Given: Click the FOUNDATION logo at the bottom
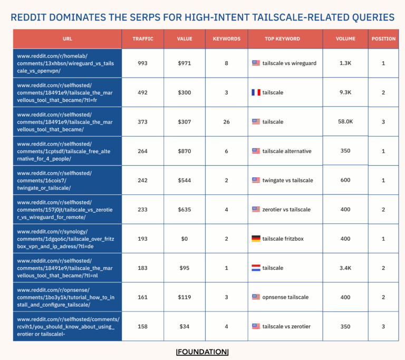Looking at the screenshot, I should click(202, 352).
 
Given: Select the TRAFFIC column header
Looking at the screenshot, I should click(143, 39).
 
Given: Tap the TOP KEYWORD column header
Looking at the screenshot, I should click(282, 39).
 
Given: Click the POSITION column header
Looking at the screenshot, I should click(383, 39).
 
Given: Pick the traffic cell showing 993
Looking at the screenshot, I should click(142, 63).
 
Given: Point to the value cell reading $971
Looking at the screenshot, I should click(185, 63).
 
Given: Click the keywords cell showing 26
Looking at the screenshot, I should click(226, 122).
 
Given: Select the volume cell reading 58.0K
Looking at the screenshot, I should click(345, 121).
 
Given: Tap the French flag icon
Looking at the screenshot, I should click(256, 92).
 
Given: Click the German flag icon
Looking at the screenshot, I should click(256, 239).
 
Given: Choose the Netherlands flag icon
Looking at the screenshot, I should click(256, 268).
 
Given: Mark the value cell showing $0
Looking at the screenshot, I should click(185, 239).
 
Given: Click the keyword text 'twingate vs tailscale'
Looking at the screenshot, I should click(287, 180).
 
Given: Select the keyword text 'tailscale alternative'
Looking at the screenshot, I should click(287, 151).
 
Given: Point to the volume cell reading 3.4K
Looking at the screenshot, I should click(345, 268).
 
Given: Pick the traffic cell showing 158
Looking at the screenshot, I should click(142, 326).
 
